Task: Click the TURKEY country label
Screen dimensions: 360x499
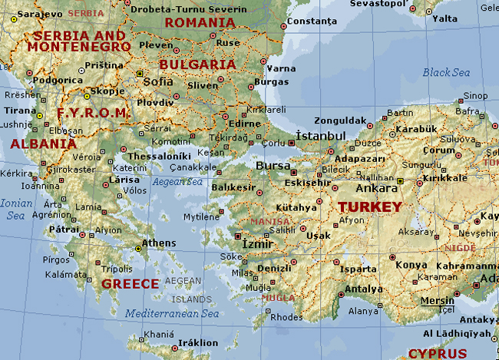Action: click(370, 207)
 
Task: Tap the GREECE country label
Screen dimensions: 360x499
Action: click(130, 283)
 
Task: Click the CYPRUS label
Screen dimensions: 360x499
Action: click(437, 353)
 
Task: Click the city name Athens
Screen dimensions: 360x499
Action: click(159, 243)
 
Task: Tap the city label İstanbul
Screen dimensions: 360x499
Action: click(321, 136)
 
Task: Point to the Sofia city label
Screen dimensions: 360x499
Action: click(157, 81)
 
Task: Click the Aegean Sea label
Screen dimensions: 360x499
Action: click(177, 182)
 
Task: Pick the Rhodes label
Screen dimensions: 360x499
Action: click(287, 317)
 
